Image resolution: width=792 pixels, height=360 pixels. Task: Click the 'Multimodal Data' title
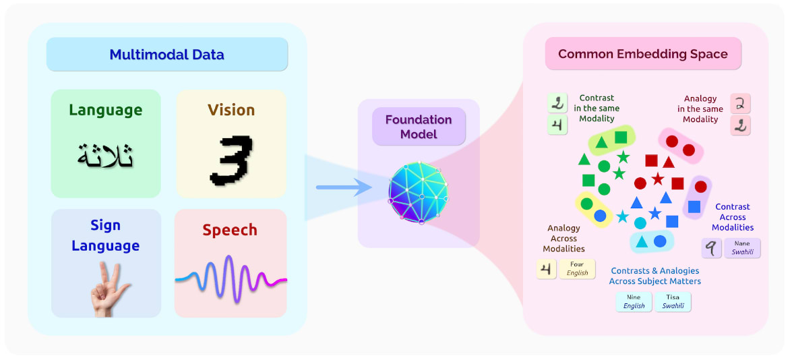166,55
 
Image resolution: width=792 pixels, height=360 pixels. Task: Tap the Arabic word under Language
106,156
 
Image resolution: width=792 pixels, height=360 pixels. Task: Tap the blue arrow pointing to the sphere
344,187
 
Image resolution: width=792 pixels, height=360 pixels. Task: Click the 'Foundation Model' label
419,127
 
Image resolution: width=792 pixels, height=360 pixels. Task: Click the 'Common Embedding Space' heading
642,54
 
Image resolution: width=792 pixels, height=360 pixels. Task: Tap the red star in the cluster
658,179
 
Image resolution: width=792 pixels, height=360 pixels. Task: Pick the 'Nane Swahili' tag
742,247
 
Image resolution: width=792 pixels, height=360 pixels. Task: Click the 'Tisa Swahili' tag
673,301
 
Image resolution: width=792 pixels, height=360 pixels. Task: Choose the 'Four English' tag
577,268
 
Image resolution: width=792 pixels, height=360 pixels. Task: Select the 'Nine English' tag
634,301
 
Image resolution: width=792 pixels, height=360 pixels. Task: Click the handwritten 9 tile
712,248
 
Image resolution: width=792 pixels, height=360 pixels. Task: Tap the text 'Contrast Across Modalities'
732,217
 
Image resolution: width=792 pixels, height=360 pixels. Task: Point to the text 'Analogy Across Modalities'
563,238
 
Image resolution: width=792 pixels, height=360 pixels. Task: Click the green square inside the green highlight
621,137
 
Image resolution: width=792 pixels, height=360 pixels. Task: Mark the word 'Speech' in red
230,230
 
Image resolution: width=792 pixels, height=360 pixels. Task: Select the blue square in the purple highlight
694,207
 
